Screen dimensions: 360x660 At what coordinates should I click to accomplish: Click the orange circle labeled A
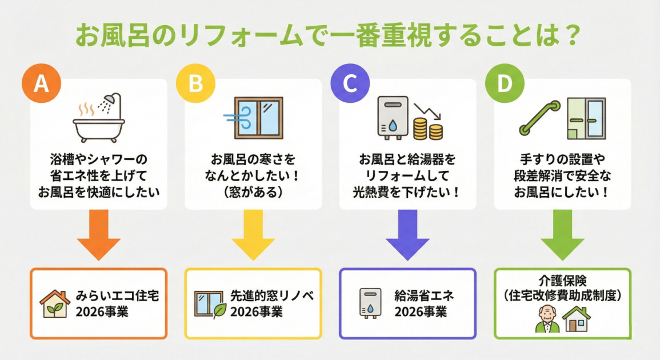pos(41,83)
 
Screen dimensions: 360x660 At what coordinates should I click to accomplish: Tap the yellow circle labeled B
pos(195,83)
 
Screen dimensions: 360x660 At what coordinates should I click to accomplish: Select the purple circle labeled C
pos(350,83)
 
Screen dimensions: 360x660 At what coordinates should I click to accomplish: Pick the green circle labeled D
pos(504,83)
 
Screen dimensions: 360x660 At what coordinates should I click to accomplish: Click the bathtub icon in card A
pos(98,126)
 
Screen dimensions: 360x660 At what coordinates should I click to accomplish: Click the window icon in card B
pos(258,118)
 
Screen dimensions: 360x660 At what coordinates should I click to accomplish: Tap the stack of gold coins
pos(427,129)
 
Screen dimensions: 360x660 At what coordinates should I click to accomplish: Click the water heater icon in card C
pos(393,117)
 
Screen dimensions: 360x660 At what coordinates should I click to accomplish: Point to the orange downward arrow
pos(98,234)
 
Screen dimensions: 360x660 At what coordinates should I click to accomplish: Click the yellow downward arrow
pos(253,234)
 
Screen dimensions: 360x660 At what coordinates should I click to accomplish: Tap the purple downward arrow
pos(407,234)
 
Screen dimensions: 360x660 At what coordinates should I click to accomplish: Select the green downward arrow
pos(562,234)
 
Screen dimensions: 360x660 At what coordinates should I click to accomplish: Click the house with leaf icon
pos(55,303)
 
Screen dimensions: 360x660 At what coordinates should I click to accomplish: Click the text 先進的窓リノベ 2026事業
pos(272,303)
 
